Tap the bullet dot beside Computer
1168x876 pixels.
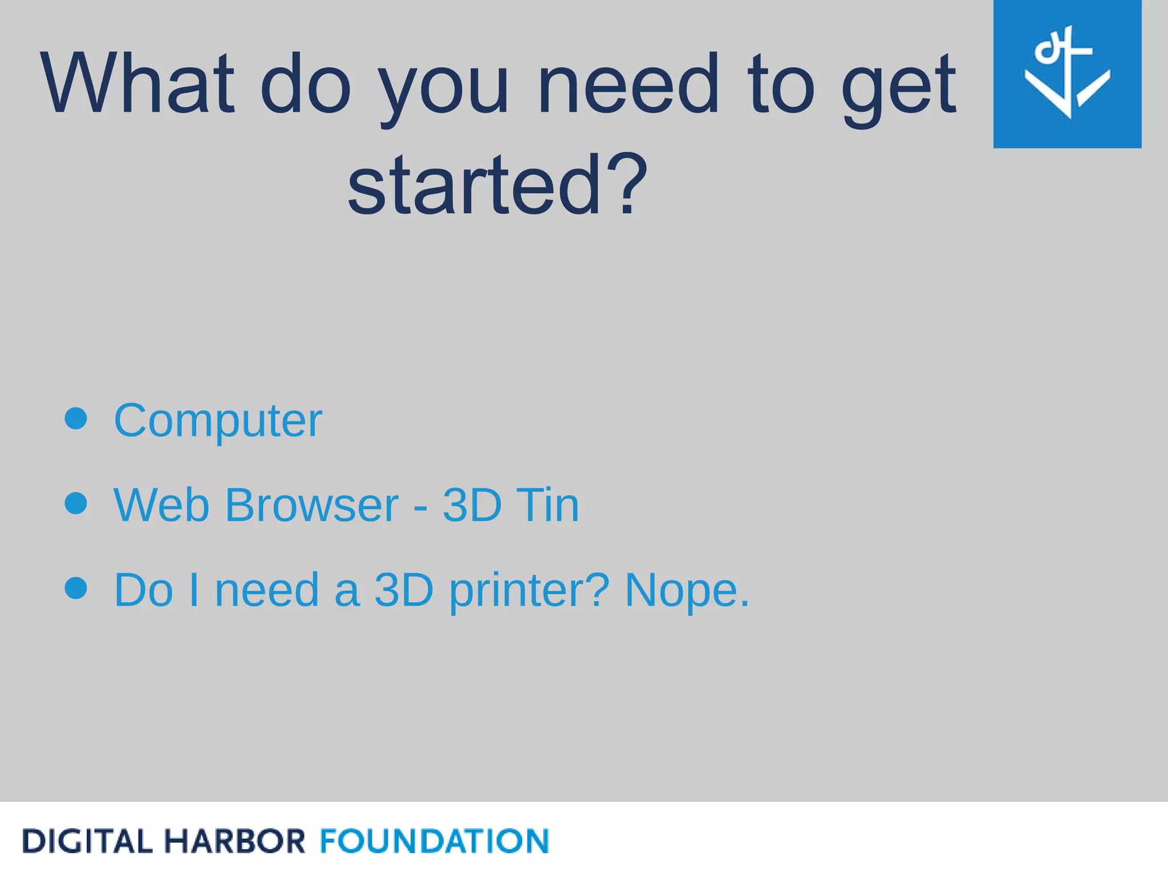pyautogui.click(x=76, y=419)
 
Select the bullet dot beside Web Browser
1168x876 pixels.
pyautogui.click(x=76, y=504)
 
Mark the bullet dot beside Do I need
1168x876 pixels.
pyautogui.click(x=76, y=589)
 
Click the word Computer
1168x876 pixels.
pyautogui.click(x=218, y=421)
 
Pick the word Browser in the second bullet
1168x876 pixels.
pyautogui.click(x=312, y=505)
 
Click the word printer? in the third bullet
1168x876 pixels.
pyautogui.click(x=529, y=591)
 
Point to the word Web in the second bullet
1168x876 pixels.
pyautogui.click(x=161, y=505)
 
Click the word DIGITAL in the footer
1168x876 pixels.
pyautogui.click(x=87, y=841)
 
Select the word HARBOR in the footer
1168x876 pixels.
pyautogui.click(x=234, y=841)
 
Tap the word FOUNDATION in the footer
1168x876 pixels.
pyautogui.click(x=435, y=841)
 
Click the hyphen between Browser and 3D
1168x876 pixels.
pyautogui.click(x=420, y=507)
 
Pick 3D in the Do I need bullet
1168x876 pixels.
pyautogui.click(x=404, y=590)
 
